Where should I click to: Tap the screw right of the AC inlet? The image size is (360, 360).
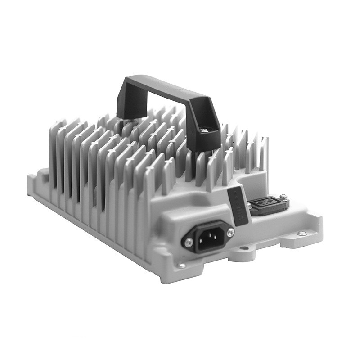click(230, 232)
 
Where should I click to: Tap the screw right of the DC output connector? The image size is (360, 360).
click(283, 197)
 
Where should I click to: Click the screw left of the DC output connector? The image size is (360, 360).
click(249, 206)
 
